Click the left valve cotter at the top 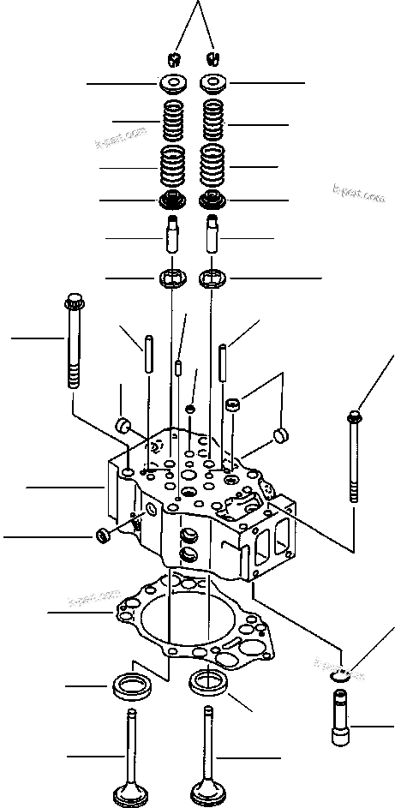coord(172,59)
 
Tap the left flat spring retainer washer coord(172,84)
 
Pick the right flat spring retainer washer coord(212,84)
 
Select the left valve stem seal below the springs coord(172,201)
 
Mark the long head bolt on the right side coord(354,458)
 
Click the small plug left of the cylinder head coord(105,536)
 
